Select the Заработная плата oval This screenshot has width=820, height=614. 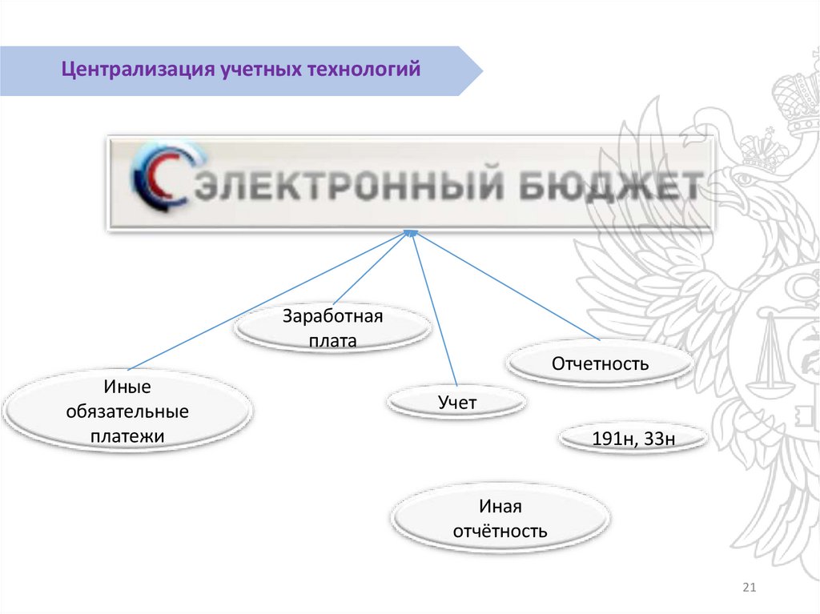coord(333,328)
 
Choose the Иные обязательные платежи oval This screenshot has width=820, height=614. coord(127,411)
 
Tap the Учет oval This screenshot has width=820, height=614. coord(456,403)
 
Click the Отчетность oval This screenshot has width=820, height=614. coord(599,364)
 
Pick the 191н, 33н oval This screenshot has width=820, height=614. coord(633,439)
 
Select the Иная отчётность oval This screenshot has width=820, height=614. coord(500,519)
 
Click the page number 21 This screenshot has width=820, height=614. coord(750,589)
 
